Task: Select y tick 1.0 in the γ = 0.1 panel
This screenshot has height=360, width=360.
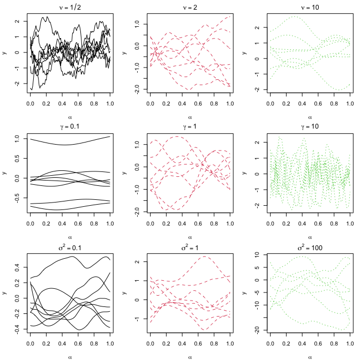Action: pos(18,138)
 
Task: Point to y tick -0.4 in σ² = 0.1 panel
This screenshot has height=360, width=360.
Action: pos(18,328)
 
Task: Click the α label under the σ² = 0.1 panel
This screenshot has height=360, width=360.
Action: pos(70,355)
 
